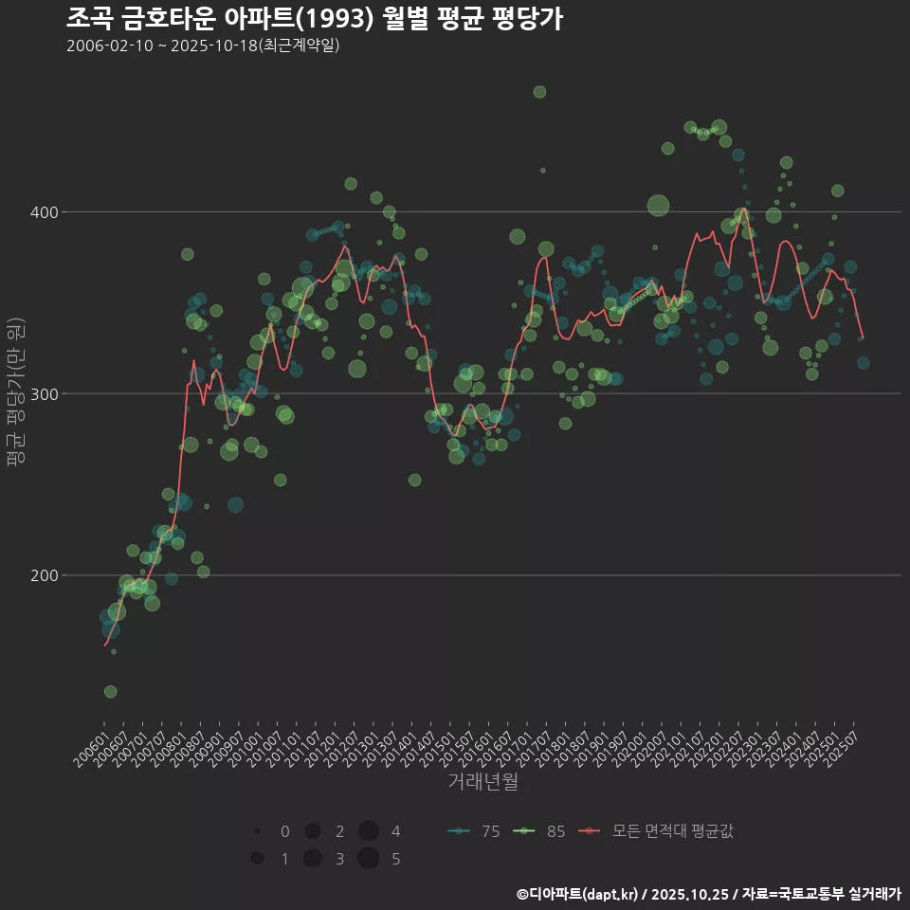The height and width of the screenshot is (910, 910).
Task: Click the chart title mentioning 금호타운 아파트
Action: (315, 18)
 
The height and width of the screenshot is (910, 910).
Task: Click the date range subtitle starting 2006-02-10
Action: (203, 45)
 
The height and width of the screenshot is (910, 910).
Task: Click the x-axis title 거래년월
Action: (482, 782)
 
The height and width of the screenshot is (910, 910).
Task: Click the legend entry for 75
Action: (473, 831)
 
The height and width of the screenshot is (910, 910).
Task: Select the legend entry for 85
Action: (538, 831)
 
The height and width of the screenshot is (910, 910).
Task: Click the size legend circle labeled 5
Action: (369, 859)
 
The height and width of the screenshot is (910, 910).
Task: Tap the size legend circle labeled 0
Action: (257, 831)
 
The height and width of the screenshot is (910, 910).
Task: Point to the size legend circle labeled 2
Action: (312, 831)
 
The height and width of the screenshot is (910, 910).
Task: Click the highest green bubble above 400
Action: (539, 92)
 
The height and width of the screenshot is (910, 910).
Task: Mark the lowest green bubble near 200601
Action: (110, 692)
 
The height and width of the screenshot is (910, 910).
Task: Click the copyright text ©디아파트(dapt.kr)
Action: (578, 894)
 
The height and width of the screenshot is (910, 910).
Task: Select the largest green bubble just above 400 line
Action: (658, 205)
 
